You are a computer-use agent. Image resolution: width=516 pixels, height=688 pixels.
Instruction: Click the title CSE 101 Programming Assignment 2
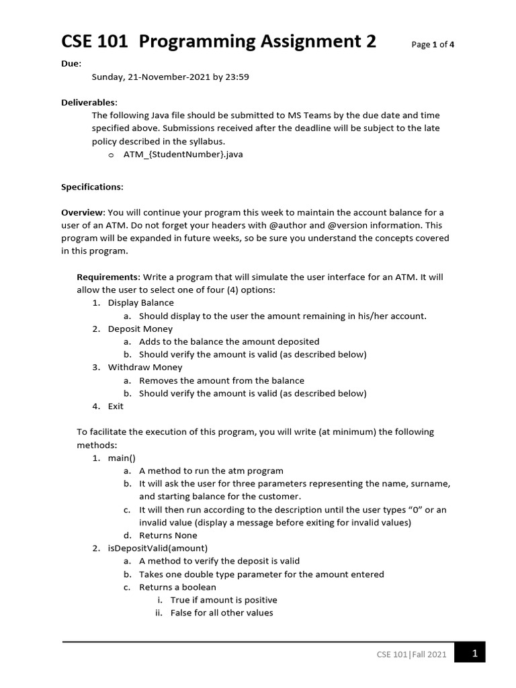(219, 42)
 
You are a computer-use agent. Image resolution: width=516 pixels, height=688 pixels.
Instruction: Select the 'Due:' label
(71, 64)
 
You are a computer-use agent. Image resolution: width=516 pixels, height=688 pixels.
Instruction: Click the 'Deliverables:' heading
(89, 102)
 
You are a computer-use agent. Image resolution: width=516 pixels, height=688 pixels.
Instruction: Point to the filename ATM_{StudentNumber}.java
(183, 155)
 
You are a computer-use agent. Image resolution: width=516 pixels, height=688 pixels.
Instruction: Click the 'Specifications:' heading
(93, 187)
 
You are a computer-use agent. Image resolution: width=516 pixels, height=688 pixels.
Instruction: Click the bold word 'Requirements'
(107, 277)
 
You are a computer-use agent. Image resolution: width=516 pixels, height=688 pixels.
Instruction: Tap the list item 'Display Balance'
(140, 303)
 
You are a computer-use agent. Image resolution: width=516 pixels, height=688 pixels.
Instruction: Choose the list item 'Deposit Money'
(140, 329)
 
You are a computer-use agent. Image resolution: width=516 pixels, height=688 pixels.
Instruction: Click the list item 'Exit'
(116, 406)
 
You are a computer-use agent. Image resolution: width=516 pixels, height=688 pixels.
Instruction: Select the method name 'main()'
(122, 458)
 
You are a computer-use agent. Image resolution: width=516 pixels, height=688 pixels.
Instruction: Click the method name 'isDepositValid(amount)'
(158, 548)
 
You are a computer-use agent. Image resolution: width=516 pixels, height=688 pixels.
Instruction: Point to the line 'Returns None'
(168, 535)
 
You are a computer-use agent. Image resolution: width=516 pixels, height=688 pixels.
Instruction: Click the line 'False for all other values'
(222, 613)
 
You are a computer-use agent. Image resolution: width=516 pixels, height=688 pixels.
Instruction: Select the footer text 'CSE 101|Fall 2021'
(411, 654)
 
